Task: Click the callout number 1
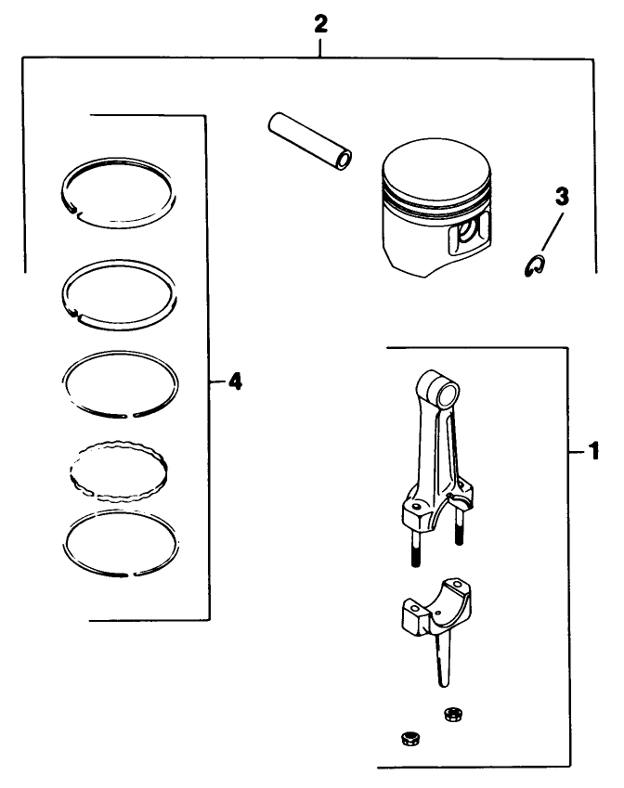591,453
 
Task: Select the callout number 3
562,197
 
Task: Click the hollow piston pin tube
309,141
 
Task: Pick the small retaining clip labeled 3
533,267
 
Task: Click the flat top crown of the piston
435,171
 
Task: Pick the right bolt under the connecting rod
460,529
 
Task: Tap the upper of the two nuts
452,714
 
